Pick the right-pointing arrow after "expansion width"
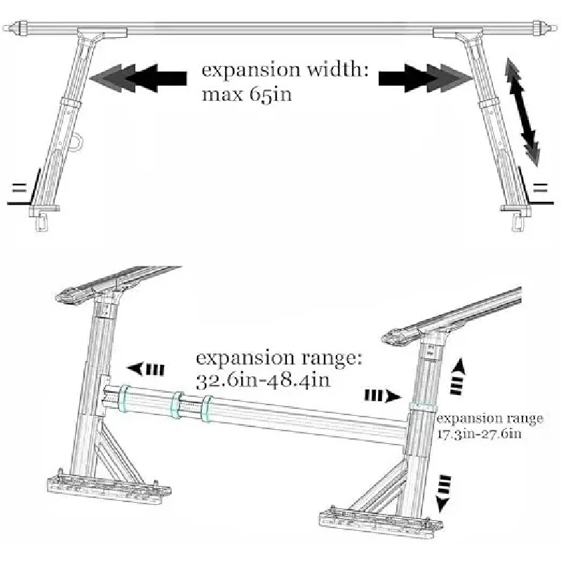click(x=421, y=77)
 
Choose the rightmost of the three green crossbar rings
click(x=208, y=410)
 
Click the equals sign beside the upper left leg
click(x=18, y=187)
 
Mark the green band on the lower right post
click(x=421, y=405)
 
